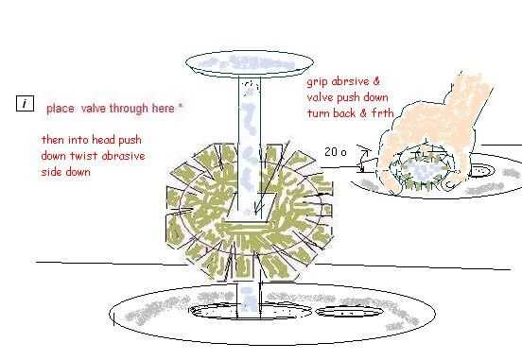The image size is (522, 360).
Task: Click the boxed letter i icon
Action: [x=25, y=104]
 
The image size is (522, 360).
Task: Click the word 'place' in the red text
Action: [x=61, y=109]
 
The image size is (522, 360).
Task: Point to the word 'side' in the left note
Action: [x=52, y=172]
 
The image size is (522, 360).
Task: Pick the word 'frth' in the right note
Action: [x=382, y=113]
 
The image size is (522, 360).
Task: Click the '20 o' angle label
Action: [x=336, y=152]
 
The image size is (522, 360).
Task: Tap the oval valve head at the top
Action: [x=250, y=63]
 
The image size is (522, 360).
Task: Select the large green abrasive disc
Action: [x=250, y=212]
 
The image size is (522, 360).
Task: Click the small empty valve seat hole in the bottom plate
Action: [x=349, y=312]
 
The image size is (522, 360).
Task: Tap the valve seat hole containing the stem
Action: [x=250, y=311]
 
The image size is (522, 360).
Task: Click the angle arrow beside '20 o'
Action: [x=364, y=158]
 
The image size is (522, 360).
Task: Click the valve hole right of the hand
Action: [x=480, y=171]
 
